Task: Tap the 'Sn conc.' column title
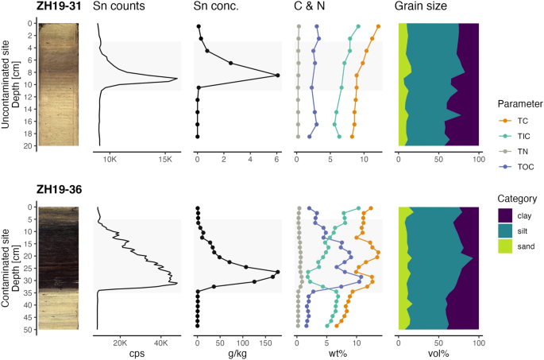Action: (217, 6)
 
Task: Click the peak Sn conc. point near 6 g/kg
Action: (277, 75)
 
